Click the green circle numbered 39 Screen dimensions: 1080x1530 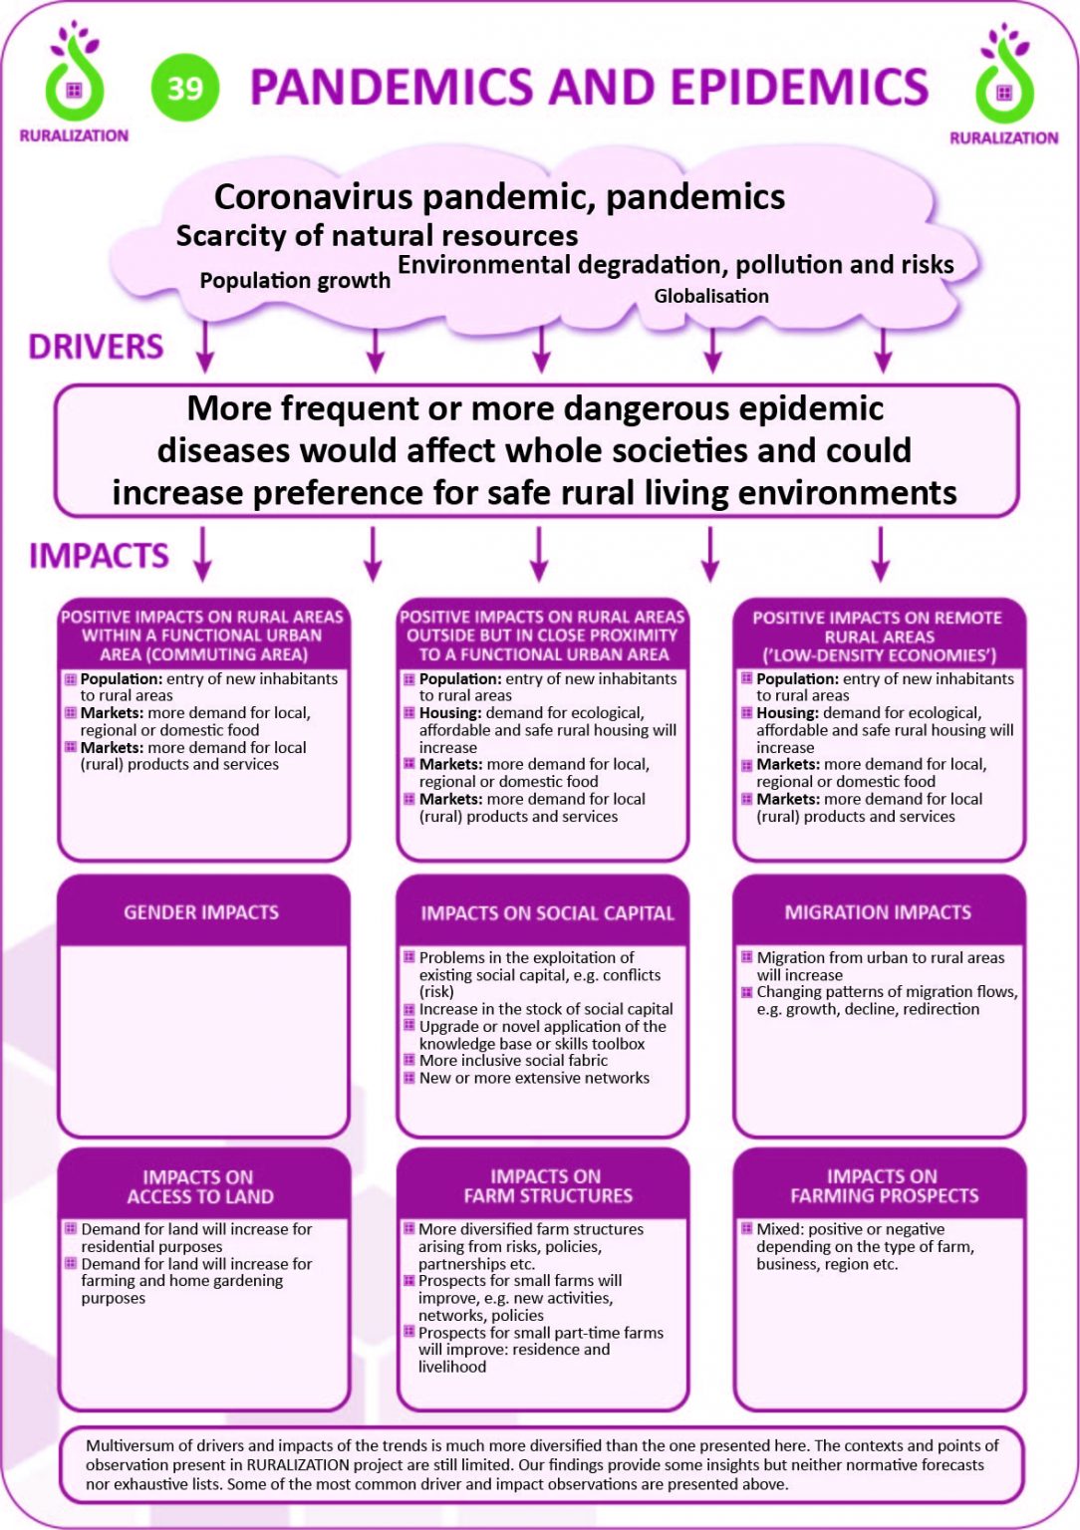point(185,88)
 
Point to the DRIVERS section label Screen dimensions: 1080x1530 point(96,347)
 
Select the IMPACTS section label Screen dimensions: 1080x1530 point(99,555)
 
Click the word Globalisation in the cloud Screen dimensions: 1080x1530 point(711,296)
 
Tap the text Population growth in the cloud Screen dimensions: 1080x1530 point(295,280)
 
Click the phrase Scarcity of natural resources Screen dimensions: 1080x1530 point(377,236)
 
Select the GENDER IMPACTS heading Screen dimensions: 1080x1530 point(201,912)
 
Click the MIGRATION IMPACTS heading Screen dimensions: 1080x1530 point(878,912)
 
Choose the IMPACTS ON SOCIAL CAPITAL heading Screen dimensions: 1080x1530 point(547,913)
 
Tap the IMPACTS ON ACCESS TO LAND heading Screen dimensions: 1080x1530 point(199,1186)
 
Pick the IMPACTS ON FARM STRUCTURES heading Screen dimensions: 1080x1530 point(548,1185)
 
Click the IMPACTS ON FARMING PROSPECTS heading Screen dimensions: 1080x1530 point(884,1185)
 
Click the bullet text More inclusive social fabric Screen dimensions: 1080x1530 point(513,1060)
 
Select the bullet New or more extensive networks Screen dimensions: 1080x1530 point(534,1078)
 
